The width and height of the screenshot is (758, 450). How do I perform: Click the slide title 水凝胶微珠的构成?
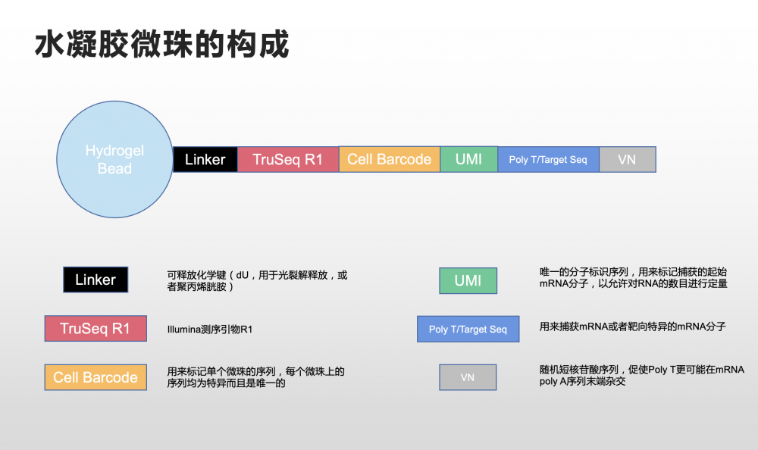coord(161,45)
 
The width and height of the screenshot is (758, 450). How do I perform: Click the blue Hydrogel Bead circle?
coord(114,159)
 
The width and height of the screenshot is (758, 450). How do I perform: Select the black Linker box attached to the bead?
coord(205,159)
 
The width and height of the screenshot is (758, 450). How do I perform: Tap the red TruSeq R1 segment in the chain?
coord(288,159)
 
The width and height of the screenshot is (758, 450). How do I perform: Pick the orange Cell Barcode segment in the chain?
coord(389,159)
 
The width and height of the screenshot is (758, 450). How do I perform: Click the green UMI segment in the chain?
coord(468,159)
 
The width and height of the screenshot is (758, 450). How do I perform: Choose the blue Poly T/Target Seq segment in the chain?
coord(548,159)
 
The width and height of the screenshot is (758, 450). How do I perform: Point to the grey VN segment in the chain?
coord(627,159)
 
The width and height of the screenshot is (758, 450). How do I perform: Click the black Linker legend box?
coord(96,280)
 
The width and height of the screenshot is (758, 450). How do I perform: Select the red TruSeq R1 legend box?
coord(96,329)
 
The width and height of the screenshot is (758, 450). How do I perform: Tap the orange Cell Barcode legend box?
coord(96,377)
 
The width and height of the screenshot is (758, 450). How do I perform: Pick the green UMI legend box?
coord(468,280)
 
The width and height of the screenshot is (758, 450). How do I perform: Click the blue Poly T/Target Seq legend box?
coord(468,329)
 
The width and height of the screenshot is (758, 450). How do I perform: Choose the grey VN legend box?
coord(468,377)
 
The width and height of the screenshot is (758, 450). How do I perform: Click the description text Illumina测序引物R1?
coord(210,330)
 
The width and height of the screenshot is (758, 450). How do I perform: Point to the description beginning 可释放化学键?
coord(257,281)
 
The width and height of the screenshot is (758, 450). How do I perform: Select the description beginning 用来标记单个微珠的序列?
coord(255,377)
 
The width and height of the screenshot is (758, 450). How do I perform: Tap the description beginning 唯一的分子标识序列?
coord(633,277)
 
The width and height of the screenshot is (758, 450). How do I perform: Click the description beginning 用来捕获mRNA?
coord(632,327)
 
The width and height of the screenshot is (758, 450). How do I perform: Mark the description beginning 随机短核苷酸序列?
coord(641,375)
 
